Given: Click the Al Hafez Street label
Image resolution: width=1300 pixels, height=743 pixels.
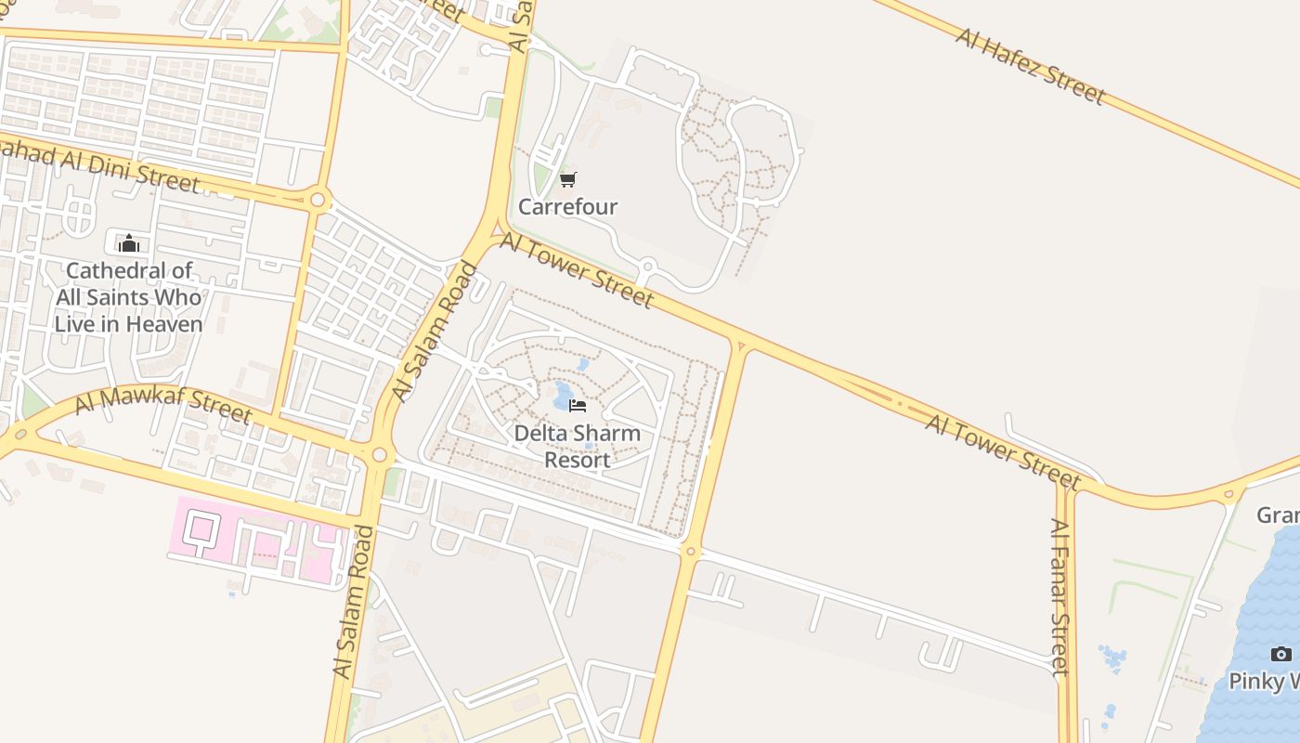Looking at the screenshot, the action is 1031,65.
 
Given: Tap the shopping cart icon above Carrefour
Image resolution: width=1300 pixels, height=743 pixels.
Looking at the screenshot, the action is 567,179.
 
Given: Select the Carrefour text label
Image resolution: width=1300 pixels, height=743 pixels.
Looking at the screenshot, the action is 567,206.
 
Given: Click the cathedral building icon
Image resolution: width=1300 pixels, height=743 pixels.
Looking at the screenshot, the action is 128,243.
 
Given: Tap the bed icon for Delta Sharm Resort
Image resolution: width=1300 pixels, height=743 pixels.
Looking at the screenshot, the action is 578,406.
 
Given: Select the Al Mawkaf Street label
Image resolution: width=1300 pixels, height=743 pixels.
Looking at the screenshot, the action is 162,405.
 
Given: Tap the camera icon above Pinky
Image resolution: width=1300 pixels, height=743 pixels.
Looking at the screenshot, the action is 1280,655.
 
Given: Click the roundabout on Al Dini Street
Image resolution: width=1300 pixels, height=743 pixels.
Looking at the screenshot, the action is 318,199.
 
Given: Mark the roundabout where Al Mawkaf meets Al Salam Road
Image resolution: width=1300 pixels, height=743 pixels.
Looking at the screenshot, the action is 379,455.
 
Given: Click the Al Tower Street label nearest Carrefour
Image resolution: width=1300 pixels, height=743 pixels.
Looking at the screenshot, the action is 577,270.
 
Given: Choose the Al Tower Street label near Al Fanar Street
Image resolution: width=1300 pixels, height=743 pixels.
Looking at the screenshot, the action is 1003,451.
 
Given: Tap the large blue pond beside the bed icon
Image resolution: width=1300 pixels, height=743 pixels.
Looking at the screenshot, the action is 563,397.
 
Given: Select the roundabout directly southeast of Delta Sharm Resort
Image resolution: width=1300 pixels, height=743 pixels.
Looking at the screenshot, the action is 689,551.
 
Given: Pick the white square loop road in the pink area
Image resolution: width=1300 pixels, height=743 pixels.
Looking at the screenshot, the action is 200,528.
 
